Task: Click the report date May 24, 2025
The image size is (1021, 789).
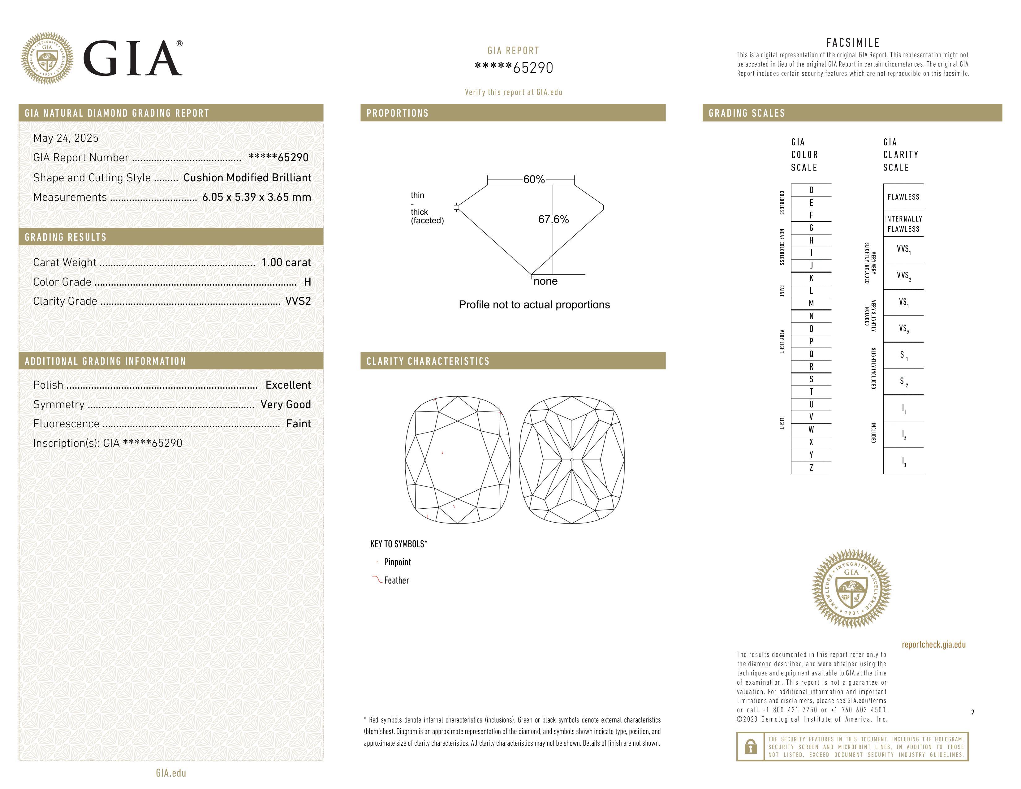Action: [66, 138]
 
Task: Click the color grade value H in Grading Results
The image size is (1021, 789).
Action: [307, 282]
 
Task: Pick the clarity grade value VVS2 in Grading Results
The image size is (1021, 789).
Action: [298, 301]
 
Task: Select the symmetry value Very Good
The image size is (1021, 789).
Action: [286, 405]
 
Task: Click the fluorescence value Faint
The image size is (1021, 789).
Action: [298, 424]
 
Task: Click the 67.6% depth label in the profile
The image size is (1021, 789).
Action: [554, 219]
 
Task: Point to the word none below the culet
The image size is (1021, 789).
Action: [545, 281]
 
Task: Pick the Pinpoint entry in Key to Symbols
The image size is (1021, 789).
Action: [397, 562]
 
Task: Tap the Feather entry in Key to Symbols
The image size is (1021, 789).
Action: [396, 580]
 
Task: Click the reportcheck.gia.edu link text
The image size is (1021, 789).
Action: [933, 645]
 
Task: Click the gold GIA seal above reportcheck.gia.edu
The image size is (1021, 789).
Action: [851, 589]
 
